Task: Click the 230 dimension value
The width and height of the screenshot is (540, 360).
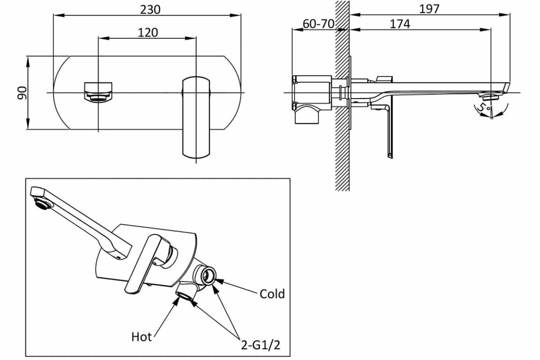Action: (150, 9)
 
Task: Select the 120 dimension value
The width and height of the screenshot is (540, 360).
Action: (148, 32)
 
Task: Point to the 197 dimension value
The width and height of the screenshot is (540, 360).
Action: (429, 9)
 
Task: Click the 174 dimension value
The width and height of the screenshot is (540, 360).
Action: (400, 24)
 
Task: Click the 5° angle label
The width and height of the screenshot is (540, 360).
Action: (482, 107)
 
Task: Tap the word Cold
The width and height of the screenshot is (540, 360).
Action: (272, 294)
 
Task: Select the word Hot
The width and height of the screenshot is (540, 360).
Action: (141, 336)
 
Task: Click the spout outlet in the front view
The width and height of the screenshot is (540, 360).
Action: (98, 91)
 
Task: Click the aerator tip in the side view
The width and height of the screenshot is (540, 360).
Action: (491, 96)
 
